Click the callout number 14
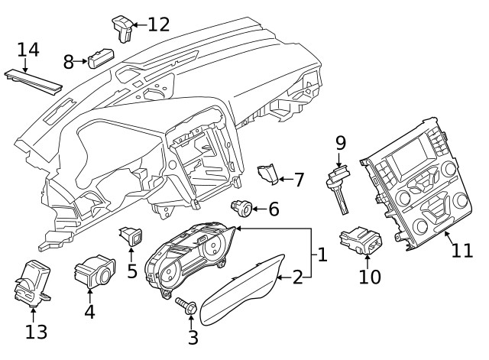click(28, 50)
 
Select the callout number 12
click(158, 24)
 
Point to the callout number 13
click(36, 332)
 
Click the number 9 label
click(341, 142)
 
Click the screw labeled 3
click(186, 306)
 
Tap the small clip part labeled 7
click(267, 175)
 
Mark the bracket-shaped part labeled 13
click(33, 284)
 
